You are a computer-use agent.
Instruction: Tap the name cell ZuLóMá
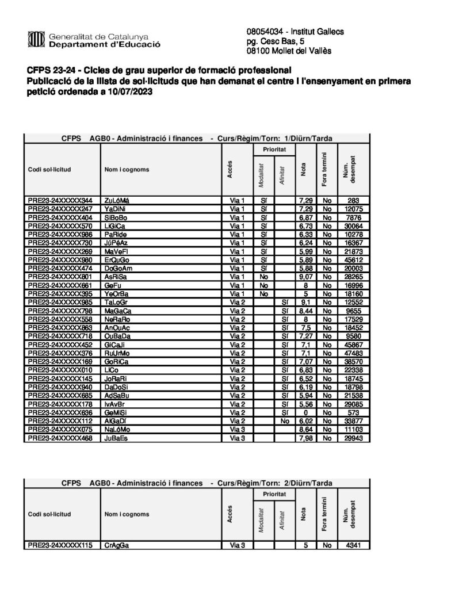click(117, 200)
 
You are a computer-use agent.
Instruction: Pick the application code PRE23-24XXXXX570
click(60, 227)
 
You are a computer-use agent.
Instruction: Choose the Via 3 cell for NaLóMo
click(237, 430)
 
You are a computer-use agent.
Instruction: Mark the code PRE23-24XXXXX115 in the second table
click(60, 545)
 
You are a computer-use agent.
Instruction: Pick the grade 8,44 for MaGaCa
click(305, 311)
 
